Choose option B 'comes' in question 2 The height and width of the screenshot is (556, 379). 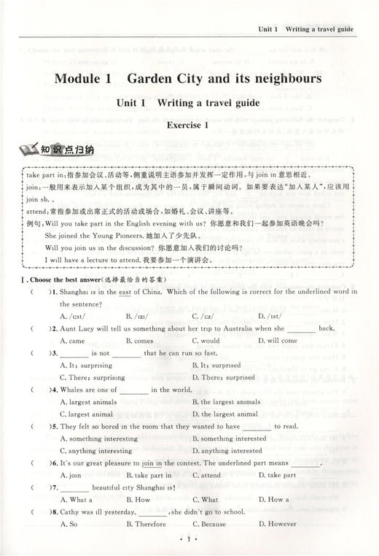coord(139,341)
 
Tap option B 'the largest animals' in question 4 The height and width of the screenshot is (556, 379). coord(226,402)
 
